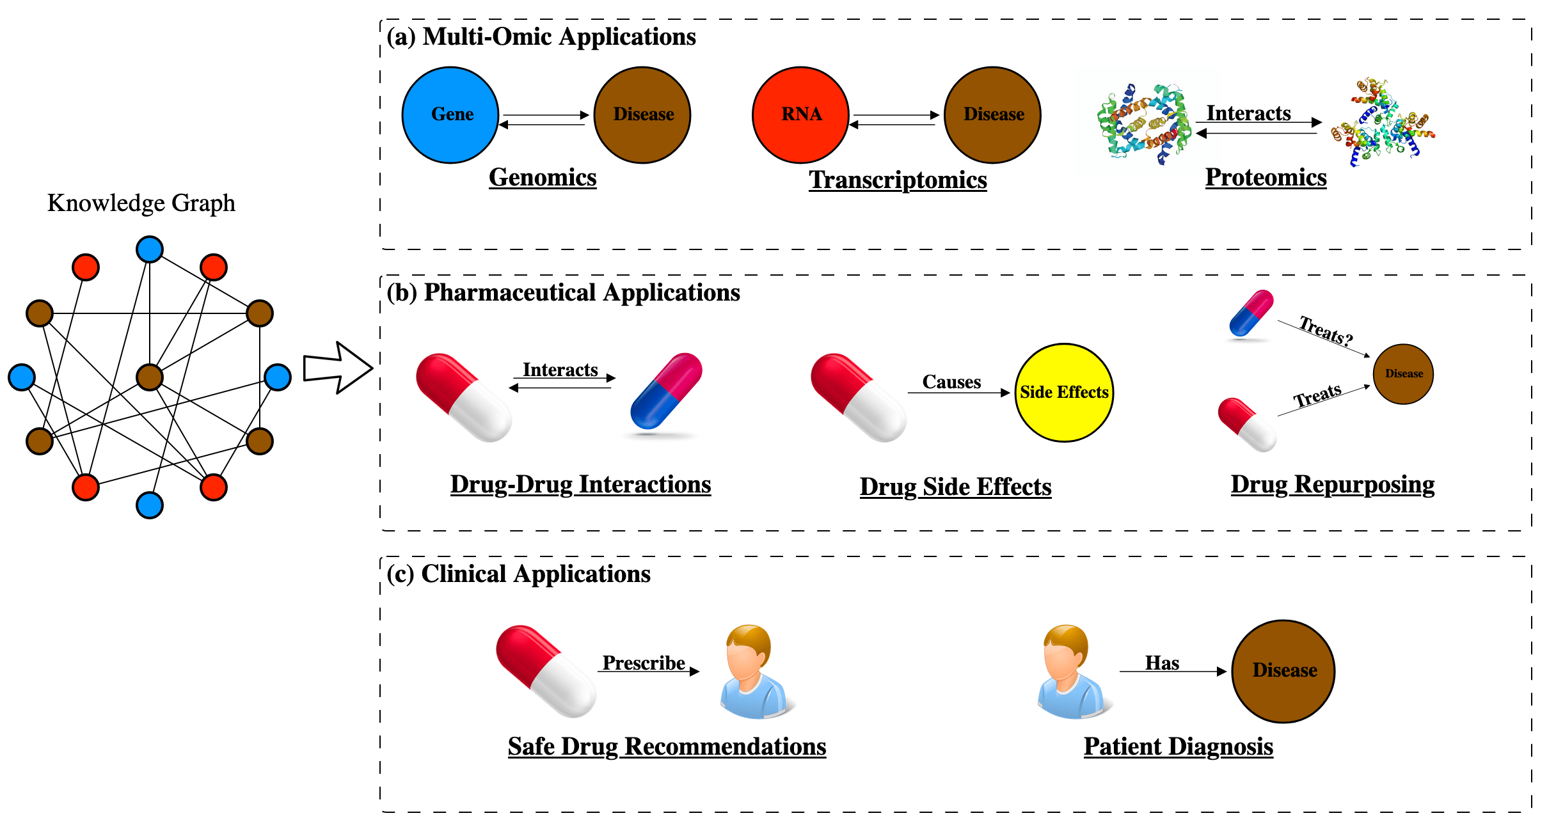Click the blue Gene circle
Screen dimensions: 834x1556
coord(450,115)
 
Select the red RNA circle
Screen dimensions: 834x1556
coord(800,115)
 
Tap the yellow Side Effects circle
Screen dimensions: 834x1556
coord(1064,392)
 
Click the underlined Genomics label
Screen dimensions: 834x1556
coord(543,177)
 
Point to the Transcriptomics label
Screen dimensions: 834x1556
coord(898,180)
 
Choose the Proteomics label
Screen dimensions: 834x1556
coord(1266,177)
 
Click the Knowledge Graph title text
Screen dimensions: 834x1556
coord(141,203)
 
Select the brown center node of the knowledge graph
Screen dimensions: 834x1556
coord(150,377)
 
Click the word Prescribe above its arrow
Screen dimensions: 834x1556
coord(644,663)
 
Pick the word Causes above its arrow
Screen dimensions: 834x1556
coord(951,382)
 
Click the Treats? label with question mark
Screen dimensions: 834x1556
coord(1326,331)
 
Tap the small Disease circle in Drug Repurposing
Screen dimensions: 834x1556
coord(1403,374)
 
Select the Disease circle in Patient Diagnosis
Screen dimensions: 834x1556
coord(1283,671)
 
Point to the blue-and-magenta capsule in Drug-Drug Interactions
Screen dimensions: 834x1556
coord(666,391)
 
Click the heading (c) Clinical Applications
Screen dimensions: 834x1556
coord(519,574)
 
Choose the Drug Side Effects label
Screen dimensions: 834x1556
coord(955,487)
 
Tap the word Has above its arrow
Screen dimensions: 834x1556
coord(1162,663)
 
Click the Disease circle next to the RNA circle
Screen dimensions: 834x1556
coord(993,115)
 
